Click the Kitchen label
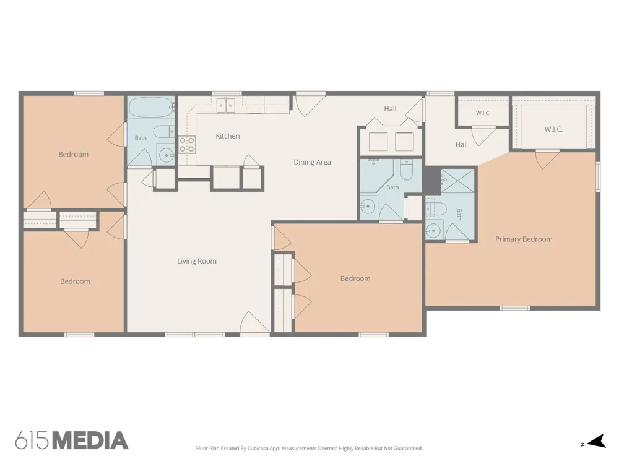(x=227, y=136)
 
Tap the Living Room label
(x=197, y=261)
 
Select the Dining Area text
(x=312, y=162)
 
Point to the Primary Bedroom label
(x=524, y=239)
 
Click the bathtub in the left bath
(x=152, y=106)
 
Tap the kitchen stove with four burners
(x=187, y=144)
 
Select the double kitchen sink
(x=226, y=105)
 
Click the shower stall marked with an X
(x=457, y=181)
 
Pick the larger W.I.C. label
(x=553, y=129)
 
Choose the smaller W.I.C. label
(x=483, y=113)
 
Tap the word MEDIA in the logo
(x=90, y=440)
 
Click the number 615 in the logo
(x=33, y=440)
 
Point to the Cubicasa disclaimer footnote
(x=309, y=448)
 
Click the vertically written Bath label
(x=459, y=215)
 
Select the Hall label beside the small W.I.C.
(x=462, y=144)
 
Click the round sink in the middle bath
(x=368, y=206)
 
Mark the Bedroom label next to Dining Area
(x=355, y=278)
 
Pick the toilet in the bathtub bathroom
(x=163, y=131)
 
